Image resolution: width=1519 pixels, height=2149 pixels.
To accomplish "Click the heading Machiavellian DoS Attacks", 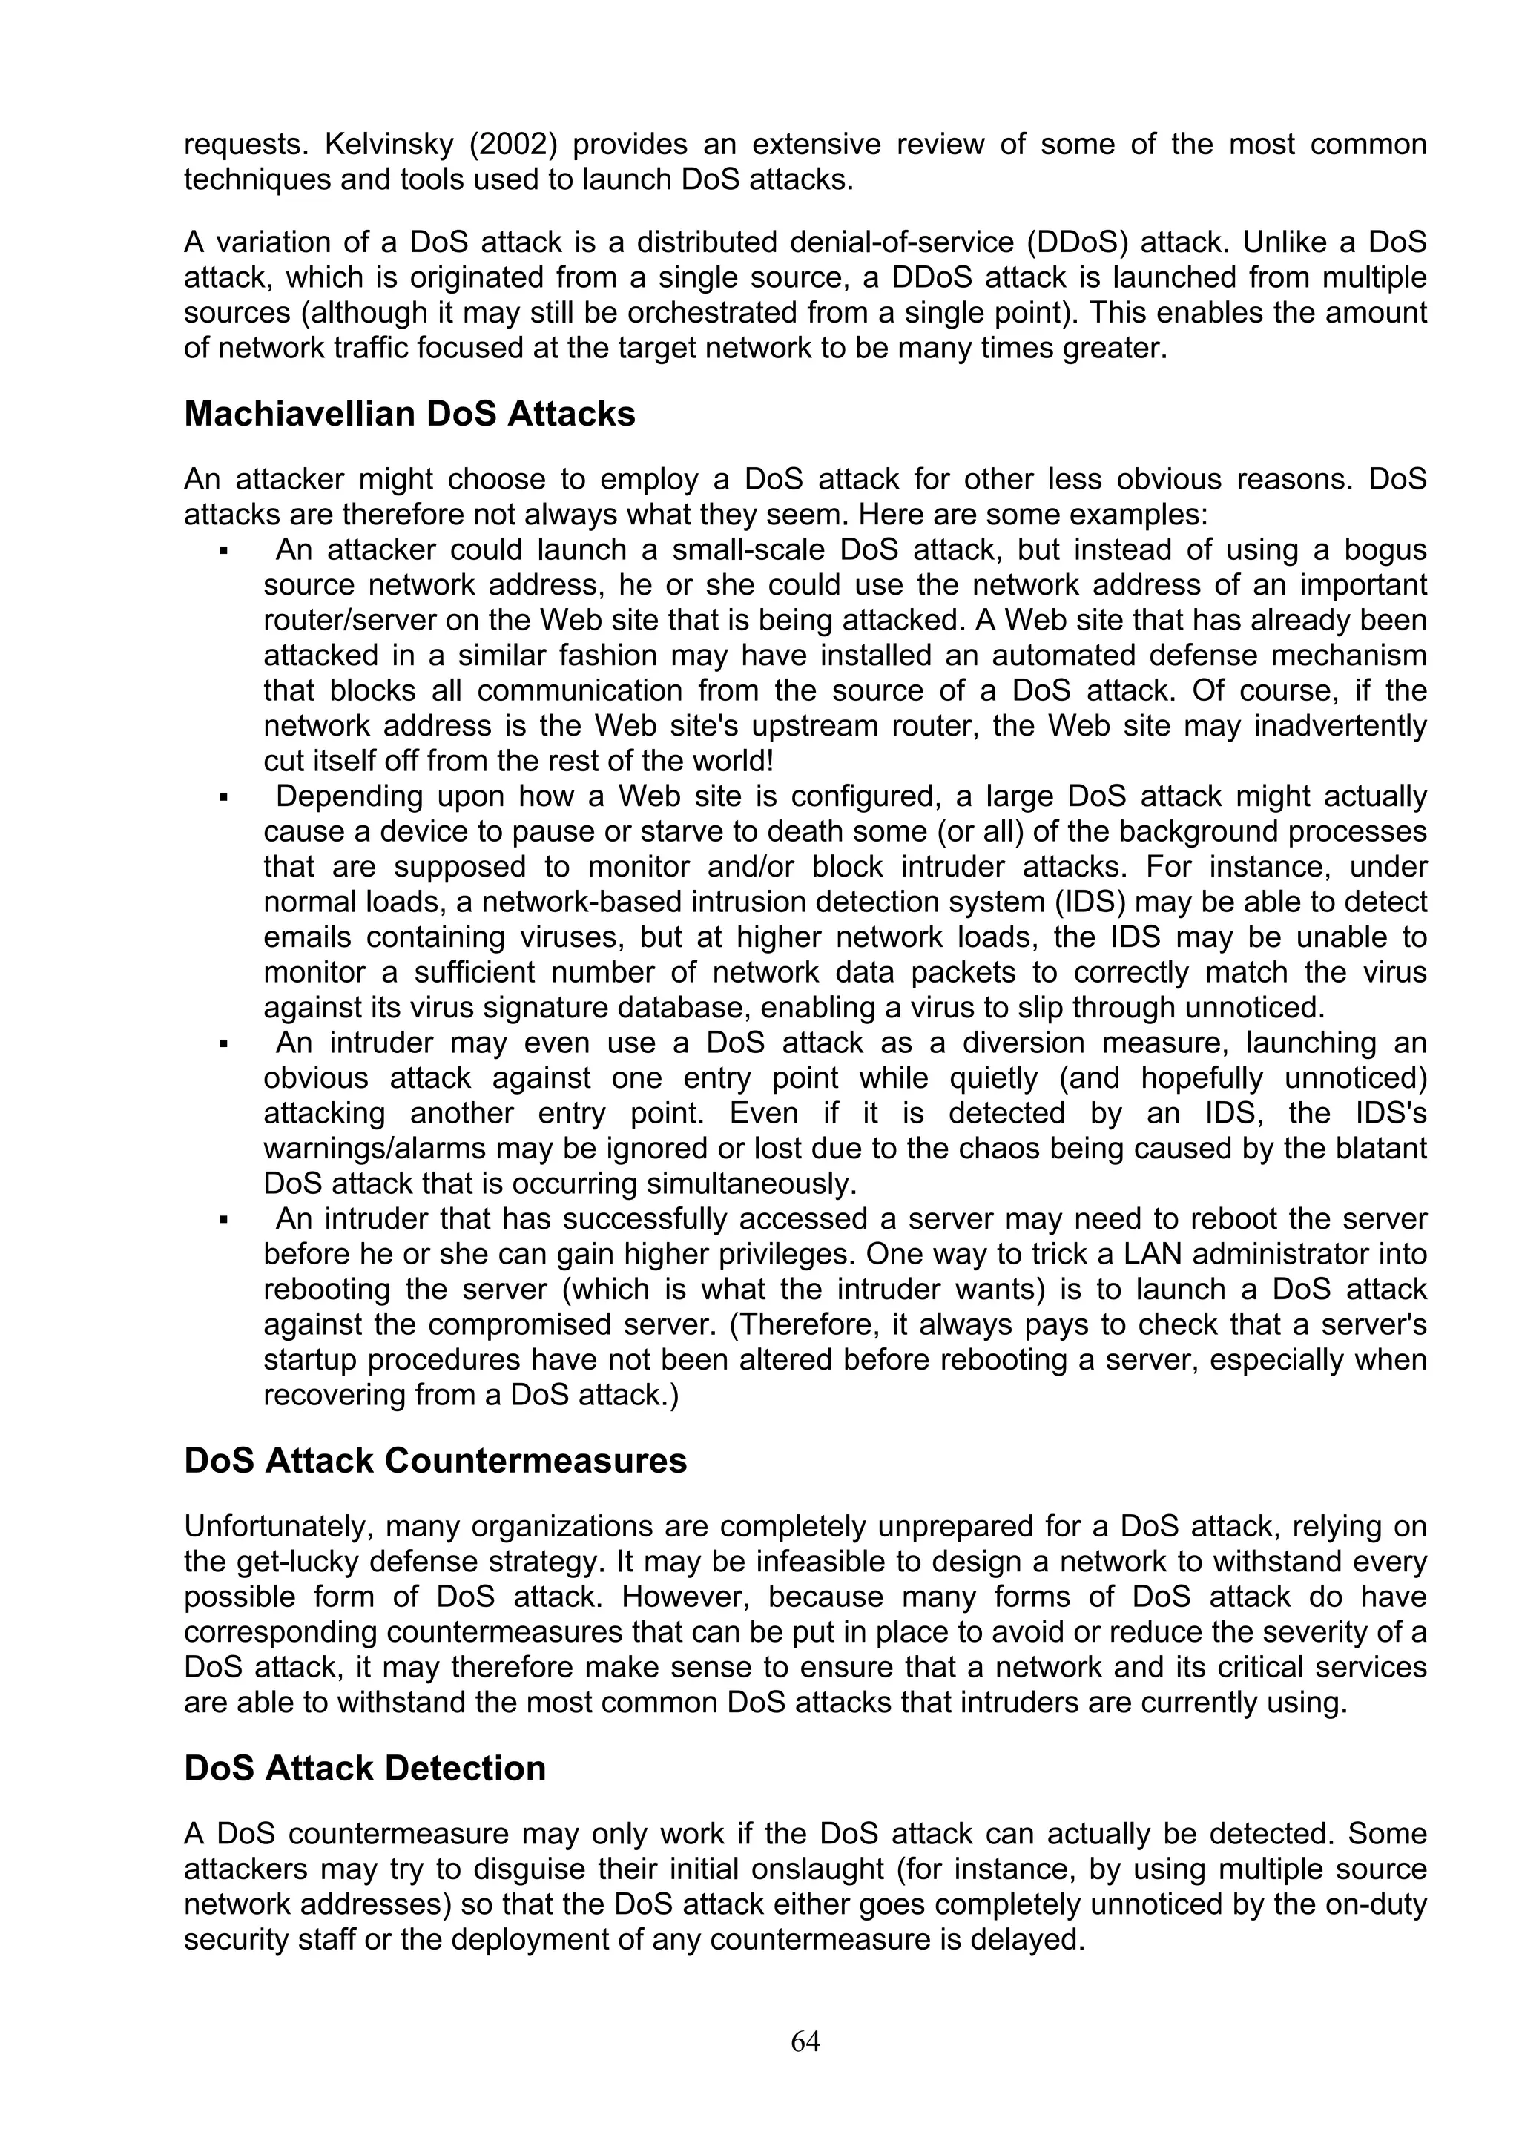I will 409,414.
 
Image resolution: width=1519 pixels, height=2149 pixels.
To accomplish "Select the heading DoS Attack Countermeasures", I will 435,1461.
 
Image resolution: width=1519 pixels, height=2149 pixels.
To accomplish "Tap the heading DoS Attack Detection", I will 365,1768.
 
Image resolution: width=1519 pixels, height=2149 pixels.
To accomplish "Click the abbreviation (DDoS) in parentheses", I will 1076,242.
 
